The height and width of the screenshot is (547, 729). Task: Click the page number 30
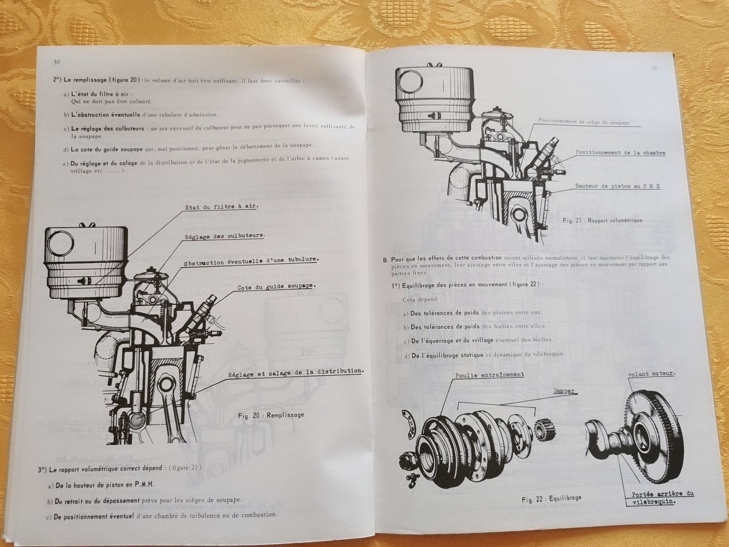(56, 62)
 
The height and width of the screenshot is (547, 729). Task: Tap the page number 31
(654, 68)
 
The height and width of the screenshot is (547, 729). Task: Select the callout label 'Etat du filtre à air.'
(222, 207)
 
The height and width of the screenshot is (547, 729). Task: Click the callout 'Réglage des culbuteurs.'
(224, 236)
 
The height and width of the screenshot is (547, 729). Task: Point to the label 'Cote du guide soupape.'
(276, 286)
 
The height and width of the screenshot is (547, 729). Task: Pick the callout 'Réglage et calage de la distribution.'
(296, 372)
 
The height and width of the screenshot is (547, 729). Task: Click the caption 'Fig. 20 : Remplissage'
(271, 415)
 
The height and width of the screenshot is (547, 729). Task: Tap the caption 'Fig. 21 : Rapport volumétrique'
(602, 220)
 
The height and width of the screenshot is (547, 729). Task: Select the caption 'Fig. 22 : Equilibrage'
(551, 499)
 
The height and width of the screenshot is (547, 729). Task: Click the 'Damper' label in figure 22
(564, 391)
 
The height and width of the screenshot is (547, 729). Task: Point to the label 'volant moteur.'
(651, 374)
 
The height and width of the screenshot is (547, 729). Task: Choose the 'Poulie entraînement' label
(489, 375)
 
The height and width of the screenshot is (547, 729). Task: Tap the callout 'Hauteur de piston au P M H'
(618, 186)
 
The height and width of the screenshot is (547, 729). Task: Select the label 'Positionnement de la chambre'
(620, 153)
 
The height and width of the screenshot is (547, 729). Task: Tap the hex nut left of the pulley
(405, 459)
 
